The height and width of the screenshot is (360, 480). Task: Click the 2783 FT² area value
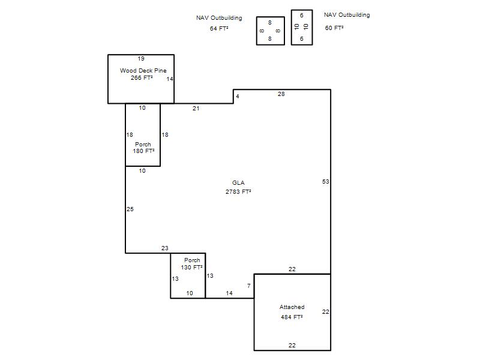(238, 191)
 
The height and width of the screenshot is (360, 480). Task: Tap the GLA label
(238, 183)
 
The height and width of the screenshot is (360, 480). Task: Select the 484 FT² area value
(292, 317)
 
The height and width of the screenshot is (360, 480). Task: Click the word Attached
(292, 307)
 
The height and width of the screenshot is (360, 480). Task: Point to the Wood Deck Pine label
(143, 70)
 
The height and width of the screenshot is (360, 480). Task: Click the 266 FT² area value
(142, 78)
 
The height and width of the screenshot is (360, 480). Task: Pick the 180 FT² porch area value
(143, 151)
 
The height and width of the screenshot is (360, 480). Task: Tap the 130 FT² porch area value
(191, 267)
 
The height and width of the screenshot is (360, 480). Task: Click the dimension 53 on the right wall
(325, 182)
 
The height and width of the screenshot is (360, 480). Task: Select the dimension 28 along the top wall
(281, 94)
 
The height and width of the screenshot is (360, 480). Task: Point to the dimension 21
(196, 109)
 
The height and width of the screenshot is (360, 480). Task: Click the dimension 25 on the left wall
(130, 209)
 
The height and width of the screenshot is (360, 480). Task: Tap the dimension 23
(164, 248)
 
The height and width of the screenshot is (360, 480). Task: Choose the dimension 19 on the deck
(141, 58)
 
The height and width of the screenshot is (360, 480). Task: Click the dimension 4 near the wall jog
(237, 97)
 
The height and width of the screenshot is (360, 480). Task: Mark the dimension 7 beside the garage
(249, 286)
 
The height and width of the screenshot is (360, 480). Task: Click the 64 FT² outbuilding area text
(219, 28)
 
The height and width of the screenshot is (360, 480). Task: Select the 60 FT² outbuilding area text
(334, 28)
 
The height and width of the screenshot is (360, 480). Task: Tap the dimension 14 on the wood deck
(170, 79)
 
